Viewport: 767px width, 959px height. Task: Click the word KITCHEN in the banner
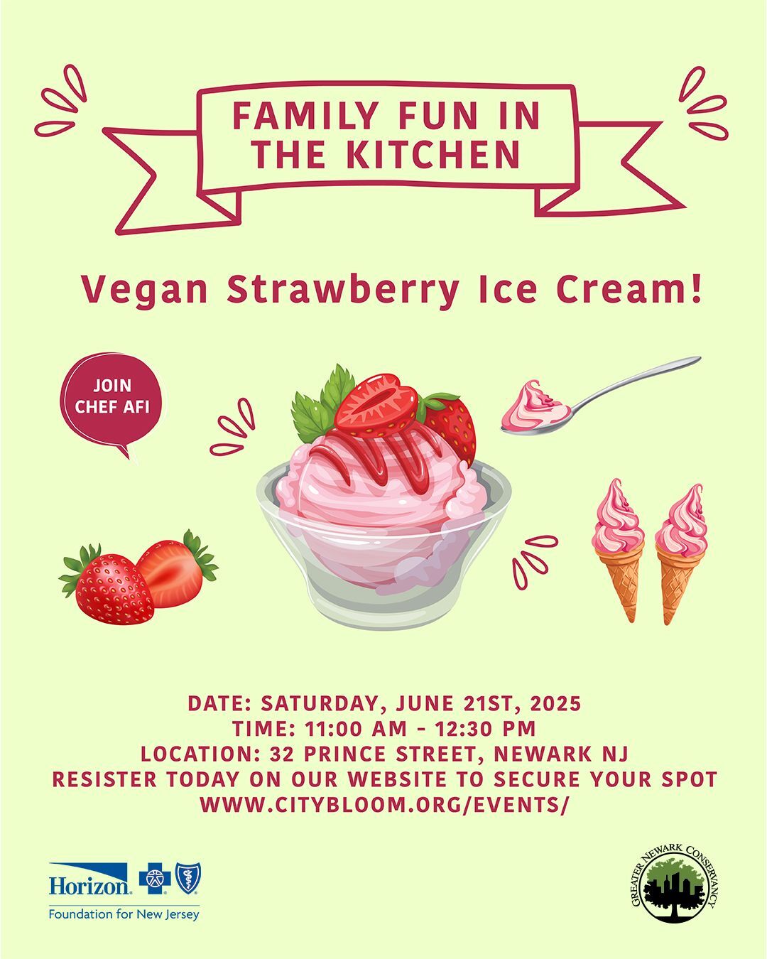click(432, 153)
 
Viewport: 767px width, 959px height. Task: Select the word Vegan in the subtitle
click(145, 291)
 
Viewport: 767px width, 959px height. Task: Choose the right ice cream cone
click(681, 553)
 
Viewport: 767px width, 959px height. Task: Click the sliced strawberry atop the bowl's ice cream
click(376, 405)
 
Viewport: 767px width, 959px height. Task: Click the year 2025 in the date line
click(556, 703)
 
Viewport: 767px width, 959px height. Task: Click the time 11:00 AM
click(356, 729)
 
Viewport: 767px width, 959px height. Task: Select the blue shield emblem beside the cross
click(187, 878)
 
